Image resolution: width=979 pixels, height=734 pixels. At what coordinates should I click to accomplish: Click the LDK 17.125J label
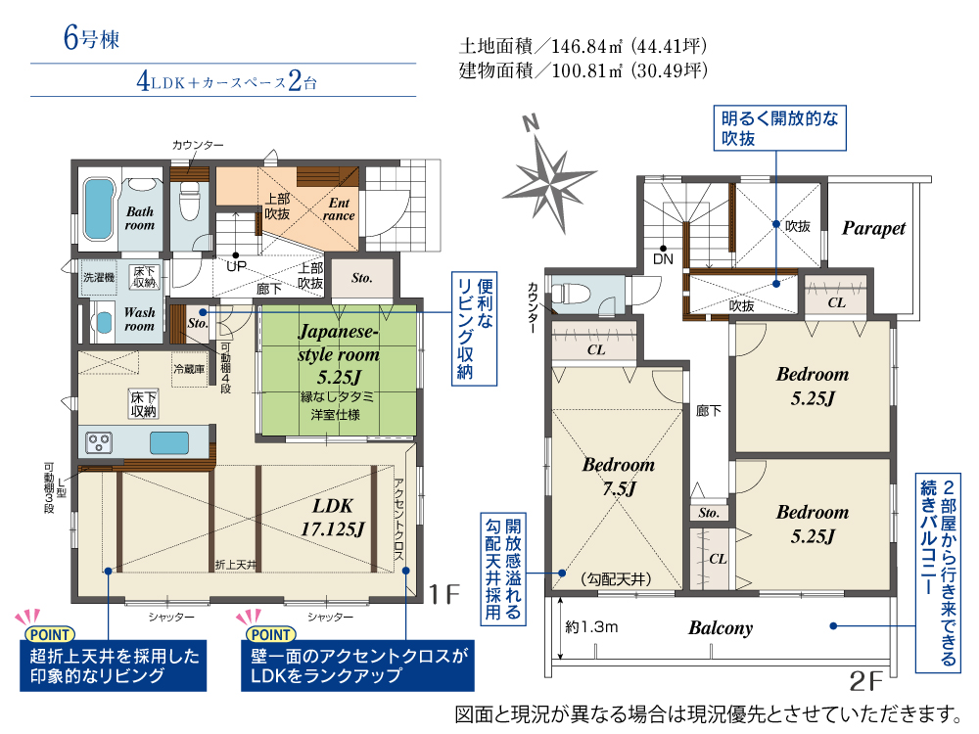coord(333,518)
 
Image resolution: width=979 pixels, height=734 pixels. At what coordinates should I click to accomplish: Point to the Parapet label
coord(873,228)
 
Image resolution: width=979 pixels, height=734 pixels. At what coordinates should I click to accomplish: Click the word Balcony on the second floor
coord(721,628)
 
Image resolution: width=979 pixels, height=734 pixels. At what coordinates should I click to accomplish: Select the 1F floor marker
coord(444,594)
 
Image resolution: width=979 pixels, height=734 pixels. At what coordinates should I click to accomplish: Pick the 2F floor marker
coord(866,681)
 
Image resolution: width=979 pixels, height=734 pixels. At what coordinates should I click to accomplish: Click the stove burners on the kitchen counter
coord(99,442)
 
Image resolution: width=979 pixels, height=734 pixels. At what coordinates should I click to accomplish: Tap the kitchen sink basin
coord(169,443)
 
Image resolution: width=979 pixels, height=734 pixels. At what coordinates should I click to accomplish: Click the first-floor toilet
coord(189,200)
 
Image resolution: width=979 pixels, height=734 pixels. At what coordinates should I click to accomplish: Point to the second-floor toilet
coord(573,293)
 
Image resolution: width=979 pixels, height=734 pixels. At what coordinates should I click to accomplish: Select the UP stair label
coord(236,266)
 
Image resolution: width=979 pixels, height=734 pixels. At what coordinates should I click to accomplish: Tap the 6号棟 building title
coord(91,38)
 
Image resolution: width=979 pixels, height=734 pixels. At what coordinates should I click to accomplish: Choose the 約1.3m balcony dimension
coord(591,626)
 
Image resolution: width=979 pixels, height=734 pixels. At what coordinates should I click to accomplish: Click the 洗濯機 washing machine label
coord(99,277)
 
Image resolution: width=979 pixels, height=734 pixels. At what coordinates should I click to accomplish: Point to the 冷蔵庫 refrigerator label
coord(189,369)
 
